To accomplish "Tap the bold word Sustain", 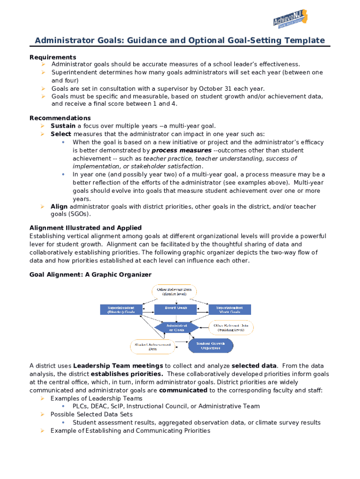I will pyautogui.click(x=63, y=126).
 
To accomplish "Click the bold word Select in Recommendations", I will pyautogui.click(x=61, y=134).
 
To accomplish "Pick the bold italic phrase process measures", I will pyautogui.click(x=181, y=151).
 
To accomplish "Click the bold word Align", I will pyautogui.click(x=59, y=206).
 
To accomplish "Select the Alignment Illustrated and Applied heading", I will pyautogui.click(x=85, y=228).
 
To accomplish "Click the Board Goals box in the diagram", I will pyautogui.click(x=176, y=309).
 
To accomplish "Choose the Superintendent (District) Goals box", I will pyautogui.click(x=121, y=309).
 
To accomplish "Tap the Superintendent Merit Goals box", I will pyautogui.click(x=230, y=309).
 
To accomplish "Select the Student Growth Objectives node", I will pyautogui.click(x=210, y=346).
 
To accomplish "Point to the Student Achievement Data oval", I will pyautogui.click(x=152, y=346).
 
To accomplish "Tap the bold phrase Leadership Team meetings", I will pyautogui.click(x=118, y=366).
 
